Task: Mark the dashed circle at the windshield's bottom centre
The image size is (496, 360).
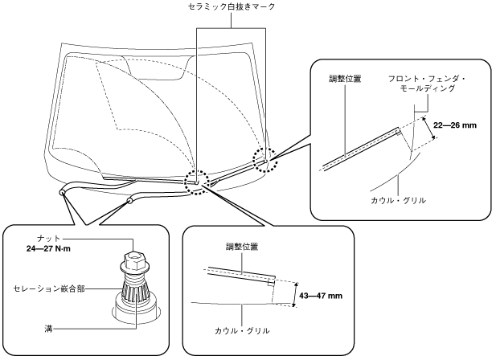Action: (197, 182)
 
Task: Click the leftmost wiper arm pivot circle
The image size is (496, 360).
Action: (62, 192)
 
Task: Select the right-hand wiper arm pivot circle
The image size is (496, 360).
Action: (129, 200)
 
